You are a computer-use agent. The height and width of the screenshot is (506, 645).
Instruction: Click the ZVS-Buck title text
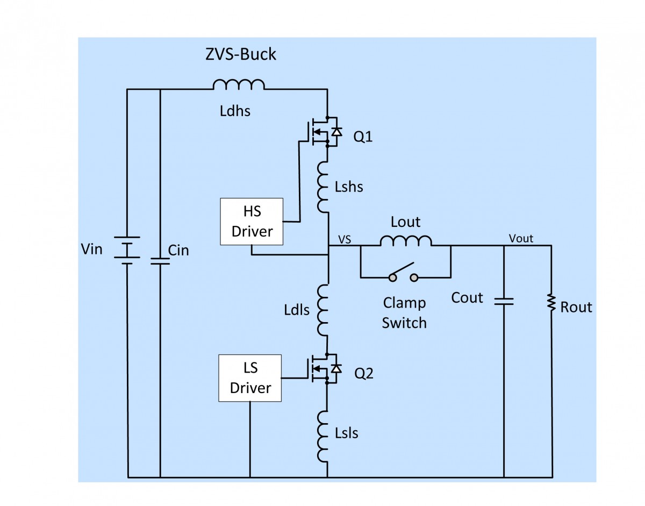pos(240,54)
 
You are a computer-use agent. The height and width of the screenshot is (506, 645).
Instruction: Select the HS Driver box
pos(252,222)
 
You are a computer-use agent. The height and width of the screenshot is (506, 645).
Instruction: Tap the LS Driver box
pos(250,378)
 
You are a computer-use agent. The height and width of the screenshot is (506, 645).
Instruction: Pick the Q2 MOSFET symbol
pos(322,368)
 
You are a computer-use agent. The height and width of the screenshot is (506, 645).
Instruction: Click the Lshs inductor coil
pos(324,186)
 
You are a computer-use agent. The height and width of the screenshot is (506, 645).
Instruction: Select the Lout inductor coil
pos(405,240)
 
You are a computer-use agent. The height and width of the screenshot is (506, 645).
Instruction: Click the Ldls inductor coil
pos(324,310)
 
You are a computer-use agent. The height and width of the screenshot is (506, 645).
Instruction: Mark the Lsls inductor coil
pos(324,436)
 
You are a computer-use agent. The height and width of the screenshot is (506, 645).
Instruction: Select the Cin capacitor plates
pos(160,261)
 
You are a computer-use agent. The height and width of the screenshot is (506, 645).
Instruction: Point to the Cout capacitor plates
pos(504,301)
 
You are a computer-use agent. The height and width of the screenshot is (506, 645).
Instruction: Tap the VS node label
pos(345,239)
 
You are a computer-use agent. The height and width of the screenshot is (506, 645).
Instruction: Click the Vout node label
pos(521,238)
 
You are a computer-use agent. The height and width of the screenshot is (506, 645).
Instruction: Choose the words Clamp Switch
pos(404,312)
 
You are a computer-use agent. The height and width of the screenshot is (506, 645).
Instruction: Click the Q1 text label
pos(363,137)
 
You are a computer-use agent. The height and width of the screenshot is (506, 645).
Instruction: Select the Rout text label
pos(576,307)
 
